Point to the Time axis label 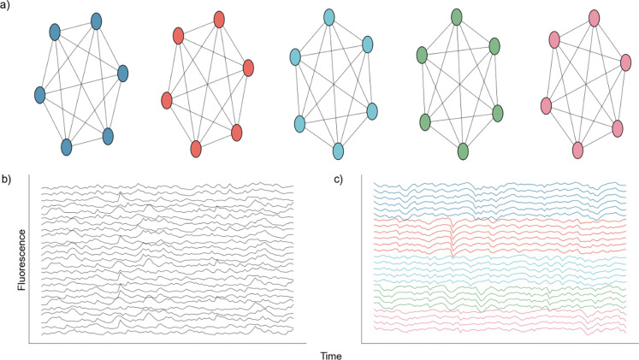330,353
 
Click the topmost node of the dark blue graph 96,20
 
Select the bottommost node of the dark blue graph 67,146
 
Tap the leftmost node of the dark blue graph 39,93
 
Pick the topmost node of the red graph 219,19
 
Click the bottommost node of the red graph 196,148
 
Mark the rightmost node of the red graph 249,68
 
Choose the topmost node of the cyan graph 329,17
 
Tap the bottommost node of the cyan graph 338,150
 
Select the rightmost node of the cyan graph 372,110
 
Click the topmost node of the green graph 457,17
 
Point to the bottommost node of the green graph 463,150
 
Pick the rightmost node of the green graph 497,113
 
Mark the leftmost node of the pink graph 547,105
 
